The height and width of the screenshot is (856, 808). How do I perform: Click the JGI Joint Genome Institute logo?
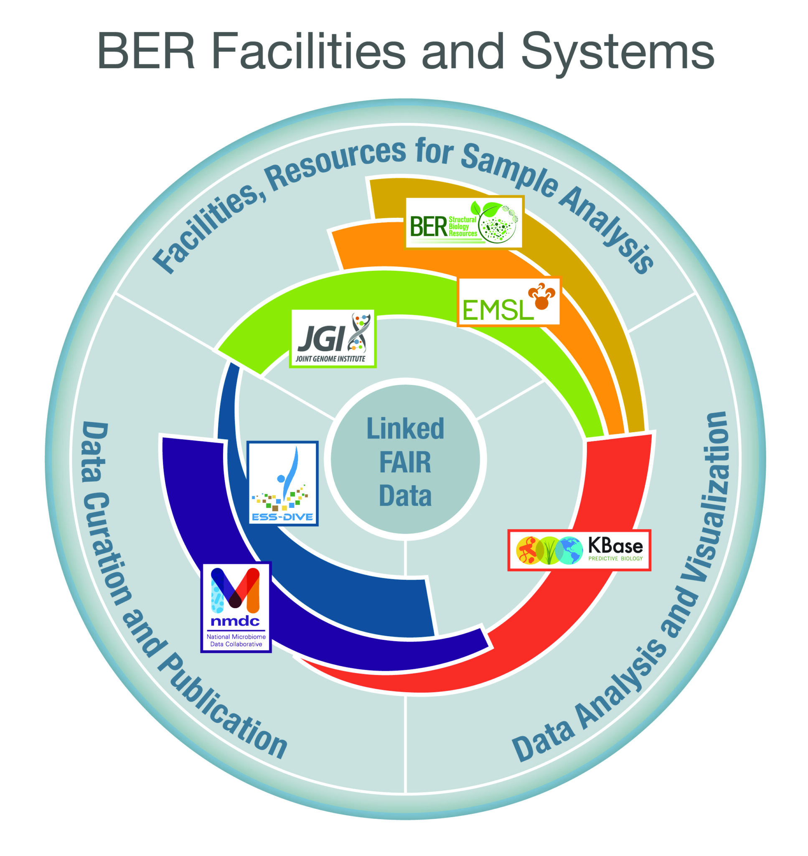point(333,338)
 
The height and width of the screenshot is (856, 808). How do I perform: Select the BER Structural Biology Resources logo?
point(464,222)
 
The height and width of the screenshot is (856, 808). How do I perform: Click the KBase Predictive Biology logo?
point(579,550)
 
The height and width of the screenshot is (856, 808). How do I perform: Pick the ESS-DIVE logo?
point(283,483)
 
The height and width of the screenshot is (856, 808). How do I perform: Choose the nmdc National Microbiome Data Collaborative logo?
point(236,607)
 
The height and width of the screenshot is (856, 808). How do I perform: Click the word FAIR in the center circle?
point(405,462)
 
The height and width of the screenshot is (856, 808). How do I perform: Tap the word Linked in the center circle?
point(405,429)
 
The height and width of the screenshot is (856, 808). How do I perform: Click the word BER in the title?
point(147,51)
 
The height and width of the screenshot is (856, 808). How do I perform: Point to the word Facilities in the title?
point(308,51)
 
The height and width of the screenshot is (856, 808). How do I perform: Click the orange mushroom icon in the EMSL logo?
point(541,296)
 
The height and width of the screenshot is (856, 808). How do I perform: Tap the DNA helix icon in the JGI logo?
point(360,332)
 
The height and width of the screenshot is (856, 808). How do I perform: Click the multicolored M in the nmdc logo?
point(235,588)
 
